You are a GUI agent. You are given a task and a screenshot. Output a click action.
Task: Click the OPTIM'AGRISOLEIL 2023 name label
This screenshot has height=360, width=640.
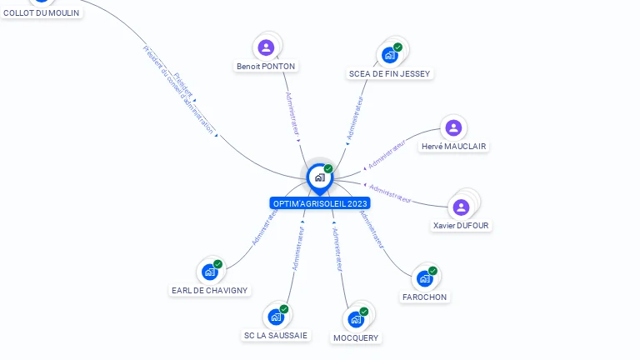tap(320, 203)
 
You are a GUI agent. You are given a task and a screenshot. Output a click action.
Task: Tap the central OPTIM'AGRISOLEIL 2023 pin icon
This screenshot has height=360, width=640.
tap(319, 177)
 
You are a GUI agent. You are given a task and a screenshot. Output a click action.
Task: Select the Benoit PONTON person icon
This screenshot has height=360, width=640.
tap(266, 47)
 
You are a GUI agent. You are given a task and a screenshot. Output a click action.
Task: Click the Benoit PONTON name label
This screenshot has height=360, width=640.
tap(266, 66)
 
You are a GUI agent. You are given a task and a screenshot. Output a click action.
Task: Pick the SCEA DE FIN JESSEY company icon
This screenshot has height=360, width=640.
tap(390, 55)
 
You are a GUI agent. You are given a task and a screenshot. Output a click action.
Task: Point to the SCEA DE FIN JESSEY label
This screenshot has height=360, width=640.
tap(389, 73)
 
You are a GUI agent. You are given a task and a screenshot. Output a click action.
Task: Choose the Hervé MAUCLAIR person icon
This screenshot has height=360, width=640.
tap(453, 127)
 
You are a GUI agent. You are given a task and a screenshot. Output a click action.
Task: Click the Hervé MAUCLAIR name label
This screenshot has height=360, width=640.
tap(454, 146)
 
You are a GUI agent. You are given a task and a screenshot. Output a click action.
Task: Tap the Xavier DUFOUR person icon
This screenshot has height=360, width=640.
tap(461, 207)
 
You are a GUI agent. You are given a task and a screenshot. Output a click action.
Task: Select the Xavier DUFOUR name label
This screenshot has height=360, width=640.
tap(462, 225)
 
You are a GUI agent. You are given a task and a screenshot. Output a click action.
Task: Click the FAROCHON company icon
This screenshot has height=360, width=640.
tap(425, 278)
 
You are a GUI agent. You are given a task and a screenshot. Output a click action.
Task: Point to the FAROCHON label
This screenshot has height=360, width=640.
tap(425, 297)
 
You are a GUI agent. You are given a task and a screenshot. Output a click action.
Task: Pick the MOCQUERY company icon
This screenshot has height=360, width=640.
tap(356, 319)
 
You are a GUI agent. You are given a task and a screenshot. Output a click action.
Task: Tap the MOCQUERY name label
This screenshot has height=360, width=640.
tap(356, 337)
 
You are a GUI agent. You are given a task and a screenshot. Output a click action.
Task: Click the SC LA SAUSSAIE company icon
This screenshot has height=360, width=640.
tap(276, 317)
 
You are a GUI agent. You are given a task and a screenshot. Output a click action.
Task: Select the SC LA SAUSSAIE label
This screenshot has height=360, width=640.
tap(276, 335)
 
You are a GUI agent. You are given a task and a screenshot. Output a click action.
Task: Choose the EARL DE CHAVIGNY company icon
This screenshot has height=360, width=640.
tap(209, 272)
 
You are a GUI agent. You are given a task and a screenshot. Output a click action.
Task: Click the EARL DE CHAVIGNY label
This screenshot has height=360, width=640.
tap(210, 290)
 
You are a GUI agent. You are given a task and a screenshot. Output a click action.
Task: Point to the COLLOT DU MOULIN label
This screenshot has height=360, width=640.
tap(42, 12)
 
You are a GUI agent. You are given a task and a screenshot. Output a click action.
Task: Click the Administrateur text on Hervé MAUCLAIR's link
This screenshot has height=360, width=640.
tap(387, 154)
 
